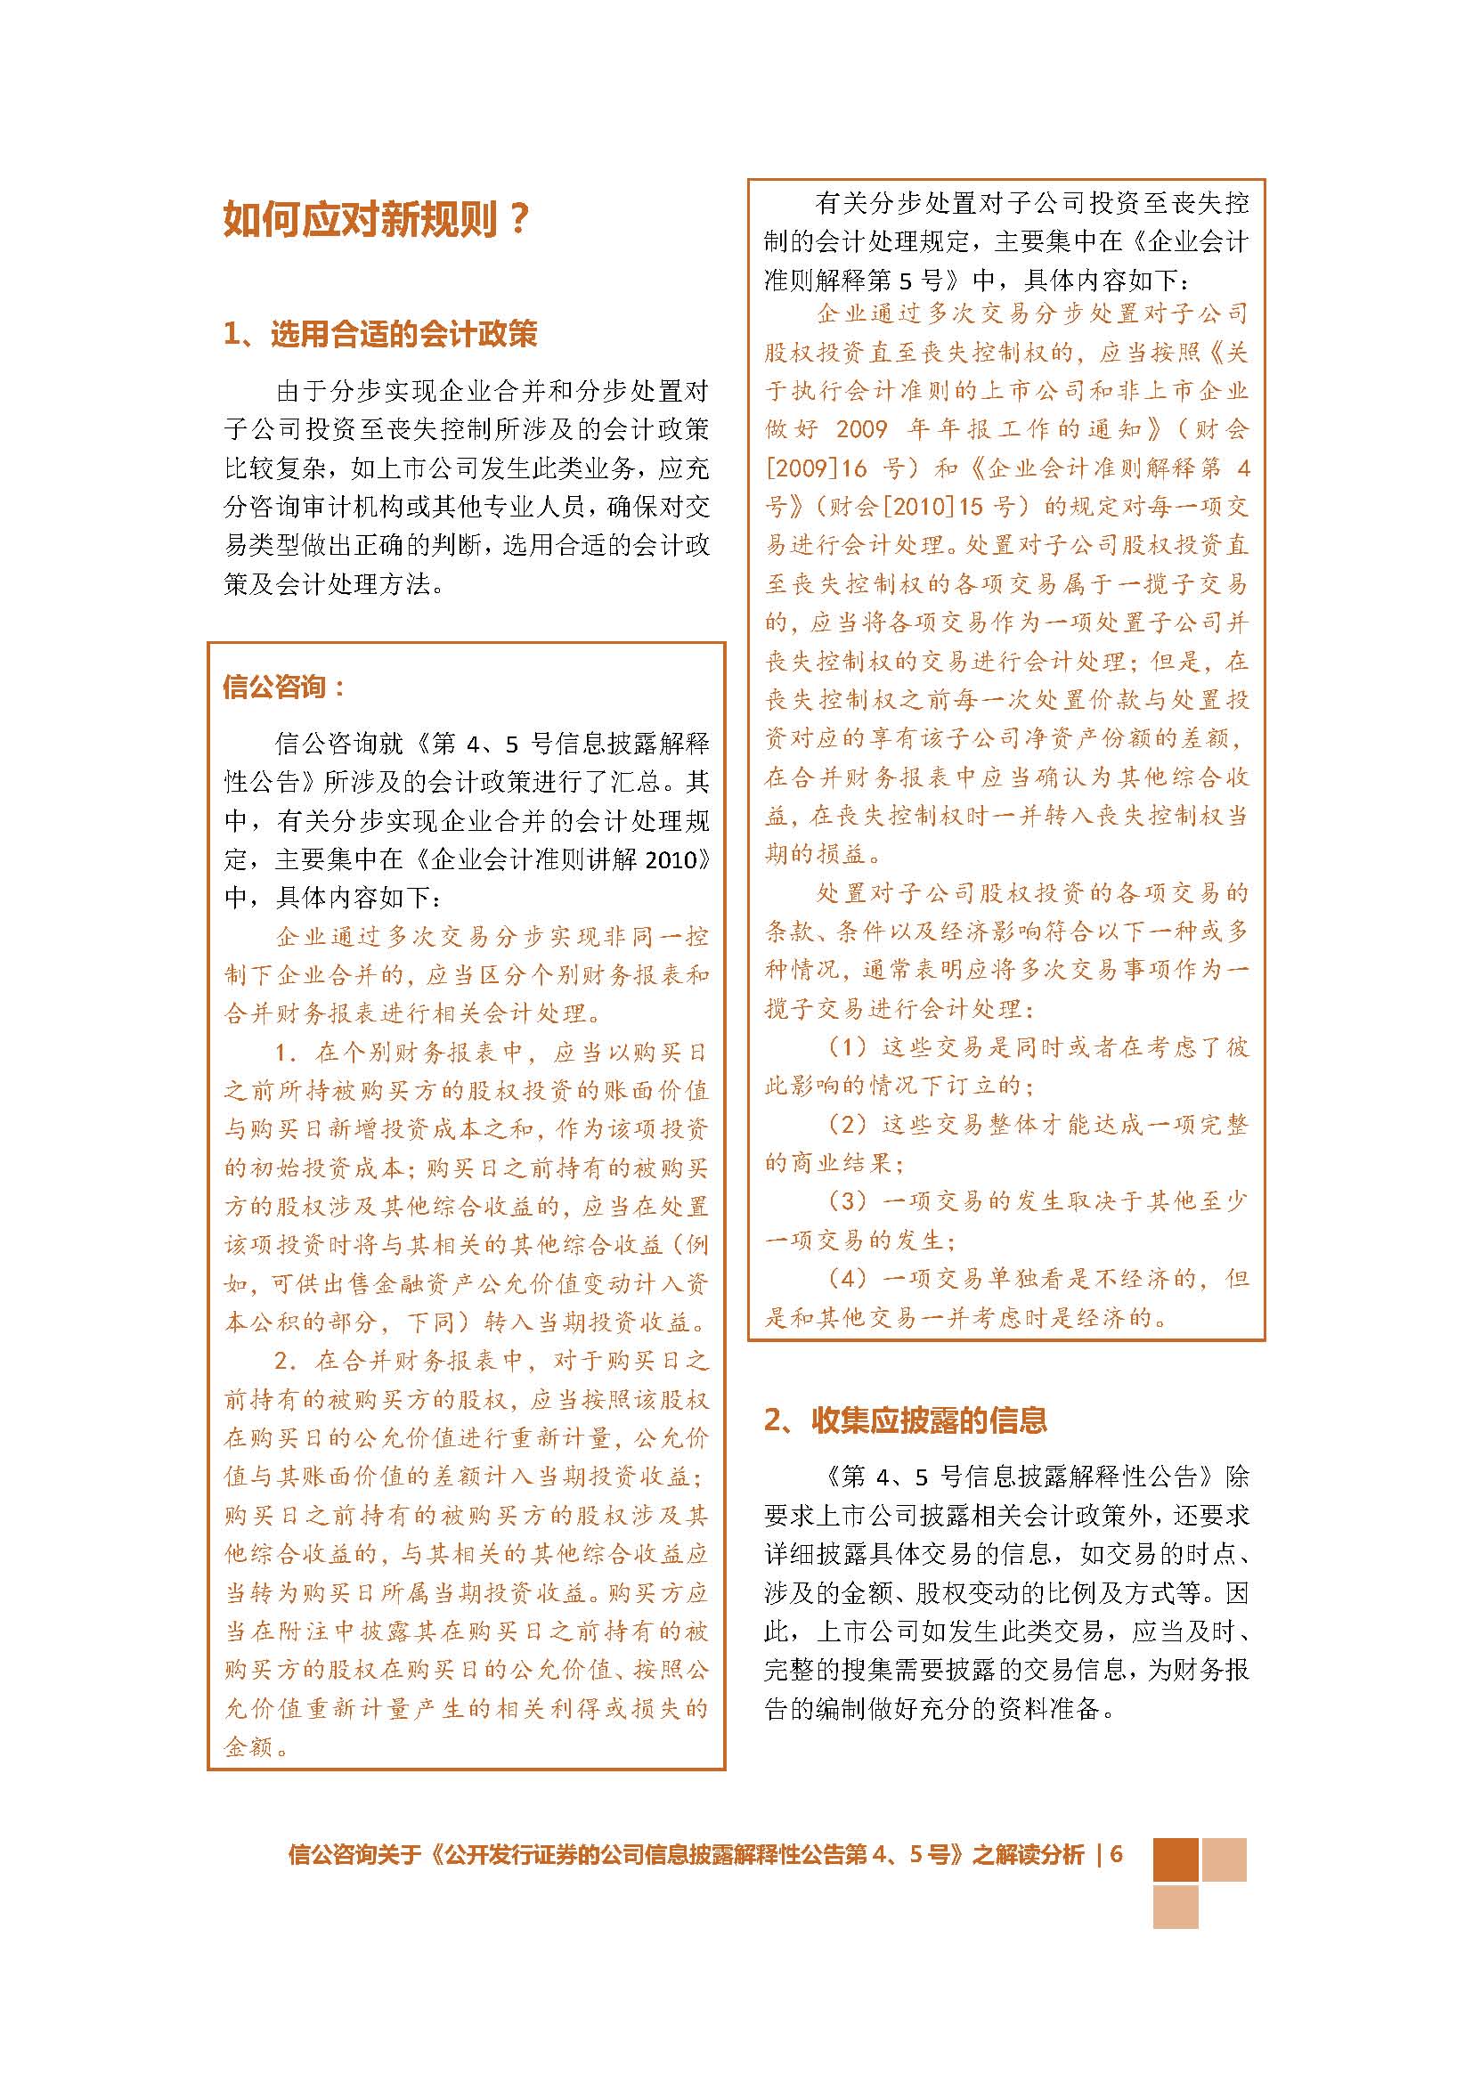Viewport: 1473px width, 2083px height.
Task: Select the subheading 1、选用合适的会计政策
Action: click(x=380, y=334)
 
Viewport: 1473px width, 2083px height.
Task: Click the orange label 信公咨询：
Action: click(x=284, y=687)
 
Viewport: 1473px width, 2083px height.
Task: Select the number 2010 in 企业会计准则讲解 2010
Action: click(x=674, y=859)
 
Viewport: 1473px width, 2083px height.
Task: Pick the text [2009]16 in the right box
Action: click(x=817, y=468)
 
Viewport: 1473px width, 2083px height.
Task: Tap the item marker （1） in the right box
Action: click(x=849, y=1047)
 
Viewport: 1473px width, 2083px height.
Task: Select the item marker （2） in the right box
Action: click(x=849, y=1124)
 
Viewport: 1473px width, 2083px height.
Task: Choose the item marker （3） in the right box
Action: click(x=849, y=1201)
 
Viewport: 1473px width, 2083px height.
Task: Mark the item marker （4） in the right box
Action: click(x=849, y=1278)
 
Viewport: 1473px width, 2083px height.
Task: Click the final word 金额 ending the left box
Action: click(x=249, y=1746)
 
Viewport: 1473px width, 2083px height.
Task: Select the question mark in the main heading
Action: click(x=520, y=219)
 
